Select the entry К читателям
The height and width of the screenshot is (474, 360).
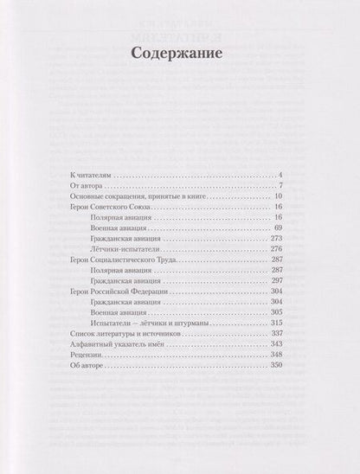pos(91,176)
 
